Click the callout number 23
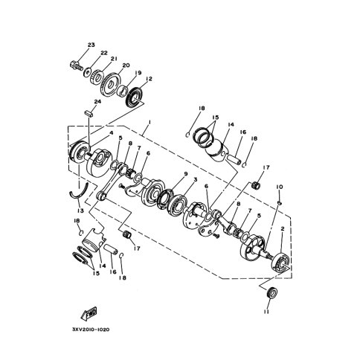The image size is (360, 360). pos(91,45)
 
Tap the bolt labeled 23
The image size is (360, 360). pos(76,65)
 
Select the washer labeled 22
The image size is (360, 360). pos(87,71)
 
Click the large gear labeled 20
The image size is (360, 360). pos(111,84)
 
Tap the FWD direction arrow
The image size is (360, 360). pos(89,313)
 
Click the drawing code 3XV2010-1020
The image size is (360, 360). pos(91,330)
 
